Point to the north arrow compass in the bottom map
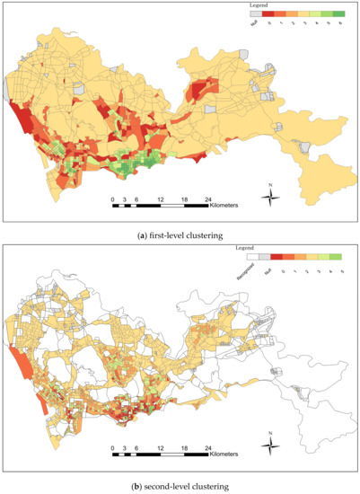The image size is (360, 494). [270, 442]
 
